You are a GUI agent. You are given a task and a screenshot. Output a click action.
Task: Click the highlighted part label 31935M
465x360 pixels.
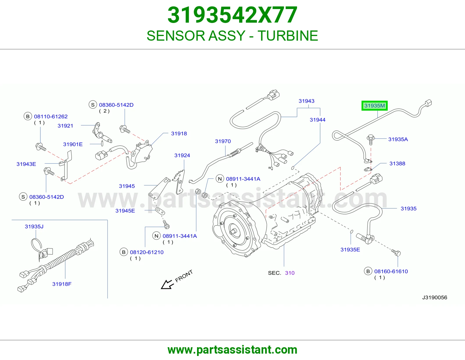click(x=375, y=106)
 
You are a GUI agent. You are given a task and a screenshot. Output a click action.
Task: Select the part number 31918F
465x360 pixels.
click(x=62, y=284)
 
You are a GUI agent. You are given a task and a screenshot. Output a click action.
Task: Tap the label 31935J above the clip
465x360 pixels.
click(x=34, y=226)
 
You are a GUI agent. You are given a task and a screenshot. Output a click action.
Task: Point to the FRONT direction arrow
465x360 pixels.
click(x=167, y=284)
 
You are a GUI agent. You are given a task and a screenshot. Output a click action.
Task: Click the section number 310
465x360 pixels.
click(x=290, y=273)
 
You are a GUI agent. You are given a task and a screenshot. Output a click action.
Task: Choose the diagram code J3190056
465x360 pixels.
click(x=434, y=297)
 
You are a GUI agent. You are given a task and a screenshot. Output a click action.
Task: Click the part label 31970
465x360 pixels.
click(x=223, y=141)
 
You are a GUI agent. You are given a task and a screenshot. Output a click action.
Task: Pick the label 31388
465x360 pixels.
click(x=397, y=163)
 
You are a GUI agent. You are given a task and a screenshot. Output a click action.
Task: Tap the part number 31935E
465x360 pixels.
click(x=350, y=249)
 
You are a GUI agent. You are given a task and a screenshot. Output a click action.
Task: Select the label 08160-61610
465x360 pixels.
click(x=391, y=271)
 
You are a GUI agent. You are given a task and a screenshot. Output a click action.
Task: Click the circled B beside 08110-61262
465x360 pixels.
click(x=28, y=116)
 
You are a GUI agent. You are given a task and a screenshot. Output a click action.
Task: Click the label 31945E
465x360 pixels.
click(x=125, y=210)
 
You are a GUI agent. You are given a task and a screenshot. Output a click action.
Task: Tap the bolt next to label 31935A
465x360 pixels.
click(x=371, y=139)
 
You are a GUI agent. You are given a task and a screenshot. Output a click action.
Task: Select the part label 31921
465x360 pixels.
click(x=65, y=126)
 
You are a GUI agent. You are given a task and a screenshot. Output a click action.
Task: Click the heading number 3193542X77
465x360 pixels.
click(x=233, y=15)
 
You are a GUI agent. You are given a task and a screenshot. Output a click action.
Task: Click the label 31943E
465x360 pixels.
click(x=26, y=164)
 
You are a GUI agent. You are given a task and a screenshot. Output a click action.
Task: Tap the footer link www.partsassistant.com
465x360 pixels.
click(x=233, y=350)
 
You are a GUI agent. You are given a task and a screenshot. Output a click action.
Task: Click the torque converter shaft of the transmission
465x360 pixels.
click(x=233, y=231)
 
